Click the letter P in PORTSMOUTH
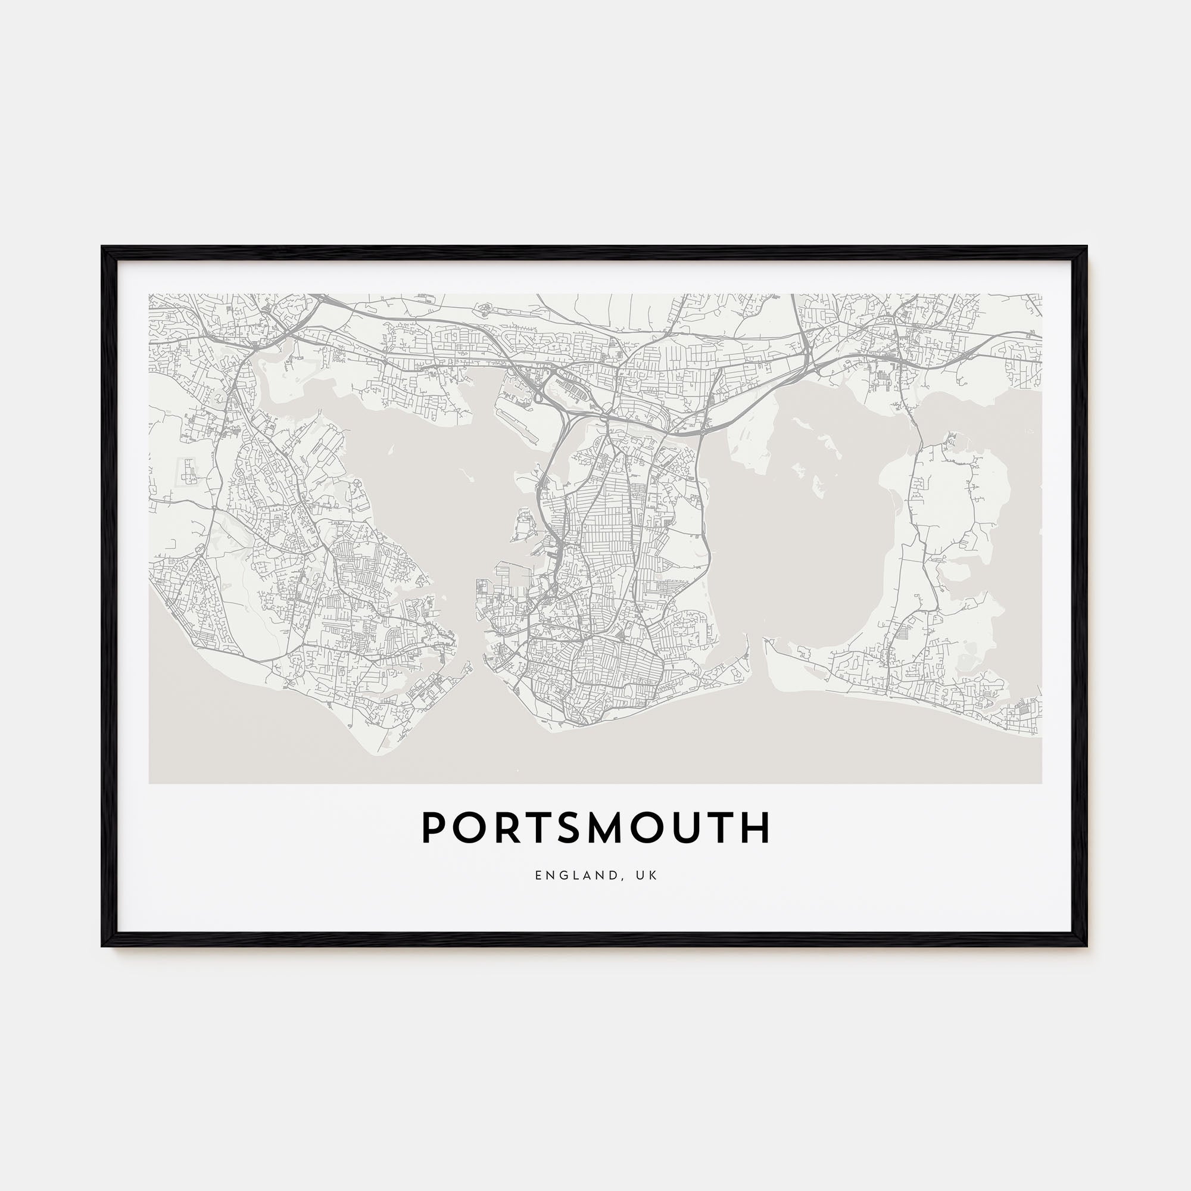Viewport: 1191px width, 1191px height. [x=434, y=828]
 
